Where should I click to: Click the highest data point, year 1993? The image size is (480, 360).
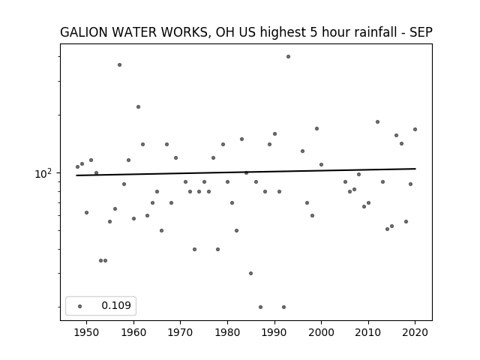(288, 57)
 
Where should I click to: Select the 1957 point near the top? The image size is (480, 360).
(120, 65)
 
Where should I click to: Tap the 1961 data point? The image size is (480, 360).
(138, 106)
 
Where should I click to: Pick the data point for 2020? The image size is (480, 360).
(415, 130)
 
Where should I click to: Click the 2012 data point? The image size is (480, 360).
(377, 121)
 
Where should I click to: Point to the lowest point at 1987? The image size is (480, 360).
(260, 307)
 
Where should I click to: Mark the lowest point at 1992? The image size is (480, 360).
(283, 307)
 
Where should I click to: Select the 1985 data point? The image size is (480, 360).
(251, 273)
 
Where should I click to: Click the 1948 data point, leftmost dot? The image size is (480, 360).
(77, 166)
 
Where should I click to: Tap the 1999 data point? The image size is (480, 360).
(316, 128)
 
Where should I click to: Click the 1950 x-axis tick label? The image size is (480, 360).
(87, 333)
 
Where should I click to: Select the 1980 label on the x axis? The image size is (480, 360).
(227, 333)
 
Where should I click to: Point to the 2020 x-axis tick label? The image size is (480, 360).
(415, 333)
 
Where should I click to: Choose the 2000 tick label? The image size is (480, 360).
(321, 333)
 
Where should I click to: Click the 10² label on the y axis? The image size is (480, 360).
(43, 173)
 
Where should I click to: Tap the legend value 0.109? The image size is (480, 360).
(116, 305)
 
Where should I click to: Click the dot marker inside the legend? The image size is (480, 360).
(80, 306)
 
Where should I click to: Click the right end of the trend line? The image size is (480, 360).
(415, 169)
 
